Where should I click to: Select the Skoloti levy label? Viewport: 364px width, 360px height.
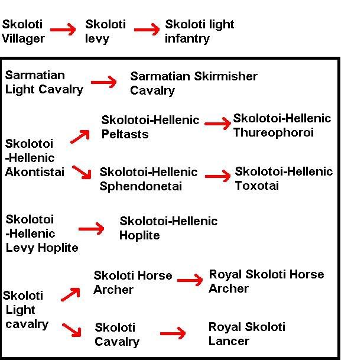[105, 31]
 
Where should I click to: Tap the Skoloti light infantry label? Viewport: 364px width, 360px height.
[199, 31]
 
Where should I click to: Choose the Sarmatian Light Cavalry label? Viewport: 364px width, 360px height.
[44, 82]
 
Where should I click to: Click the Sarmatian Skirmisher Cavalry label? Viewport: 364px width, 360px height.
[193, 83]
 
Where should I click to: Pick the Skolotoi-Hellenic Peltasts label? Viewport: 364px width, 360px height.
[150, 127]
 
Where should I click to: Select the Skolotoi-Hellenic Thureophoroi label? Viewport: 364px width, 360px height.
[282, 125]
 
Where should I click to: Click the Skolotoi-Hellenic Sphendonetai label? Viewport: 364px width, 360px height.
[148, 179]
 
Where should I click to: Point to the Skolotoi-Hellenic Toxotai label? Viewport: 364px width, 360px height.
[284, 179]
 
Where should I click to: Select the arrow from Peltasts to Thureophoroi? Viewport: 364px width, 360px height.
[217, 123]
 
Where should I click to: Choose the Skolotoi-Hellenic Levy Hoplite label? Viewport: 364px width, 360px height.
[41, 233]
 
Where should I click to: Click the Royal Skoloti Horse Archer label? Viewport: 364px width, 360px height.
[266, 281]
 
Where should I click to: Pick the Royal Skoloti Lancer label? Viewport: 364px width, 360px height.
[246, 334]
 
